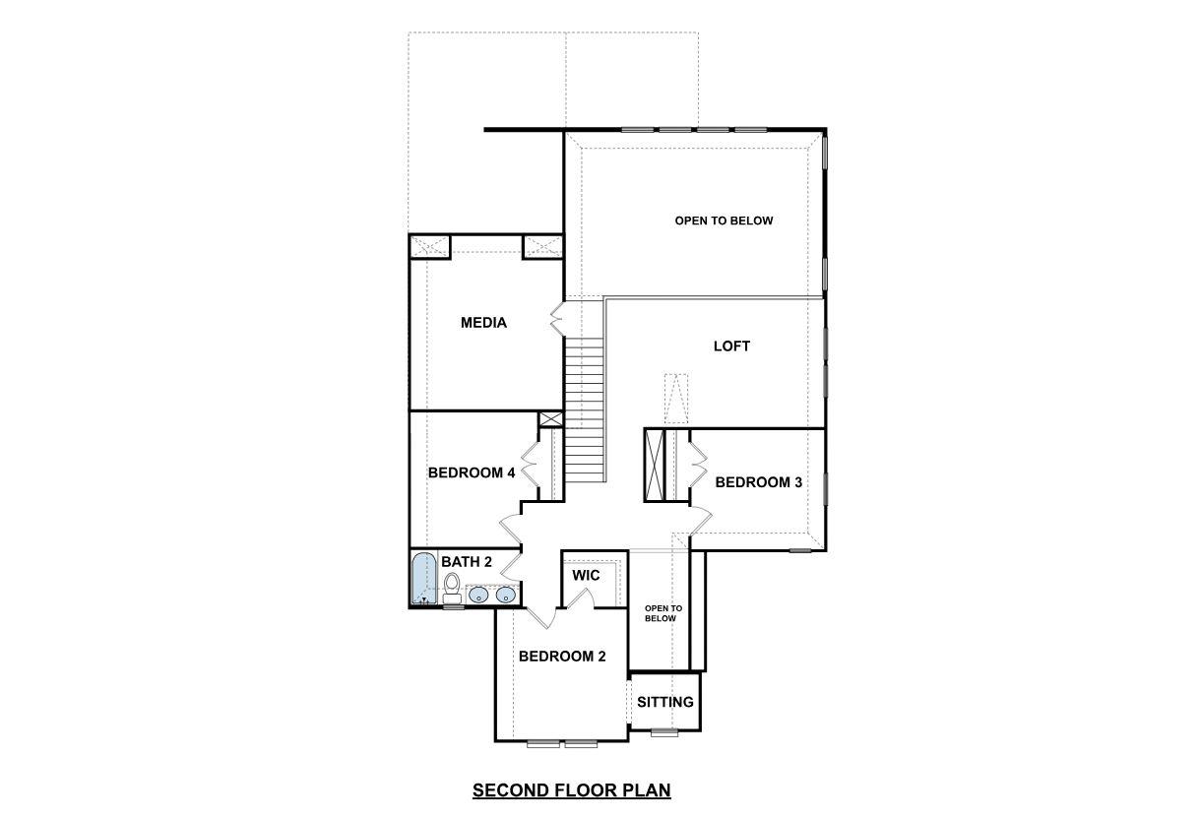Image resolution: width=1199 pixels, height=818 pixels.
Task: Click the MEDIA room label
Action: (483, 323)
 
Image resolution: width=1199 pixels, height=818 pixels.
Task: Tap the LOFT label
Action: (731, 346)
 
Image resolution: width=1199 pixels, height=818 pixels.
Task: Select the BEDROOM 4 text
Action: (472, 472)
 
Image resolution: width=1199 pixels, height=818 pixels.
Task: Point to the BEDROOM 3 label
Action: (758, 482)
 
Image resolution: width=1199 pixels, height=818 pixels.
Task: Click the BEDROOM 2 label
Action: (562, 657)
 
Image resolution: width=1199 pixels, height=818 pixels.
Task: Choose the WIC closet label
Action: (586, 575)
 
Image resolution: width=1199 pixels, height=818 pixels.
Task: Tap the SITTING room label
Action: (664, 702)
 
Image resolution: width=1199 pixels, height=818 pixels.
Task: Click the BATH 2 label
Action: (466, 562)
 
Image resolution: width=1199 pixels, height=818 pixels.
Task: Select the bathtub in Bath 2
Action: (423, 579)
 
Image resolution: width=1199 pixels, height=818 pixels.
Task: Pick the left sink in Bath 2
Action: (478, 594)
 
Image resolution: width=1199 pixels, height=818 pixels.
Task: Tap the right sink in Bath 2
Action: (505, 594)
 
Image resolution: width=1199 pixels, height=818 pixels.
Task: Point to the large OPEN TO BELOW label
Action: (724, 220)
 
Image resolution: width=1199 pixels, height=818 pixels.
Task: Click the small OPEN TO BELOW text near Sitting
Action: (662, 613)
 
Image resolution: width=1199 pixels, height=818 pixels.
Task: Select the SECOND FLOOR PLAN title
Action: (571, 790)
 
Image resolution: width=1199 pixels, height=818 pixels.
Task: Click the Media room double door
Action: (557, 320)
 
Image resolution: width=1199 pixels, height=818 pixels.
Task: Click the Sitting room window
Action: (664, 732)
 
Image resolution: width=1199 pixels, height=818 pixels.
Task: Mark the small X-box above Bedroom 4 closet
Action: (551, 419)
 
